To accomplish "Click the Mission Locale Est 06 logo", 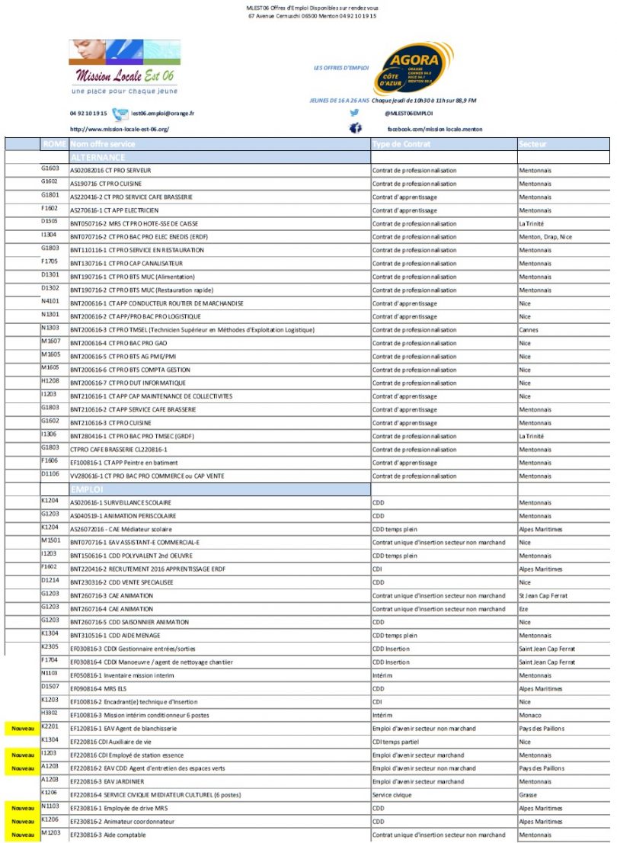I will pyautogui.click(x=122, y=67).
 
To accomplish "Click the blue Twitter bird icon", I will pyautogui.click(x=355, y=113).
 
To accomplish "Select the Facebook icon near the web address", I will pyautogui.click(x=355, y=129).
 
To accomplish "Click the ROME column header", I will pyautogui.click(x=53, y=144).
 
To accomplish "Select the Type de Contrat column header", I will pyautogui.click(x=401, y=144).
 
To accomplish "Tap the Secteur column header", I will pyautogui.click(x=532, y=144).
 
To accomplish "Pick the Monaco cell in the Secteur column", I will pyautogui.click(x=530, y=715).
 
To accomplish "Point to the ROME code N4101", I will pyautogui.click(x=50, y=303).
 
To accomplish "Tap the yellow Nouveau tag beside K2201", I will pyautogui.click(x=22, y=729).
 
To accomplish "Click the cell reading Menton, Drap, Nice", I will pyautogui.click(x=545, y=237).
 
